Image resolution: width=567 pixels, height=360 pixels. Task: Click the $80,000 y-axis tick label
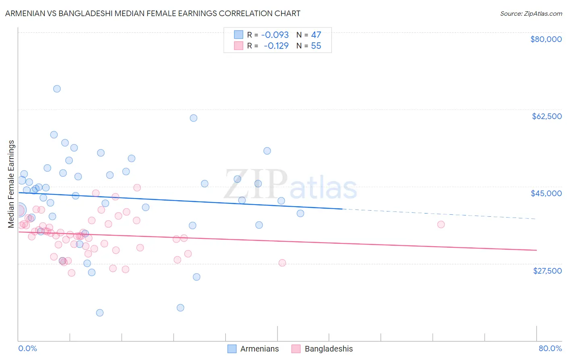[x=546, y=39]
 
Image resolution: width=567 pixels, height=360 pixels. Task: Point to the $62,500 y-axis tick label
[x=546, y=116]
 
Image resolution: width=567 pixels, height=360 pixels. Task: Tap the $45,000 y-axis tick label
[x=546, y=193]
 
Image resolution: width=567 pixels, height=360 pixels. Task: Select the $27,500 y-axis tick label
[x=547, y=270]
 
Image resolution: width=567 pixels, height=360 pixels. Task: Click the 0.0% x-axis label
[x=27, y=348]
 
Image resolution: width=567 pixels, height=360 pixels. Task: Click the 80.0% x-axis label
[x=550, y=348]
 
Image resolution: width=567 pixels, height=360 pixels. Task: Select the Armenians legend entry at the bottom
[x=259, y=349]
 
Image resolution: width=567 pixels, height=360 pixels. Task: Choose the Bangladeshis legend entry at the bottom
[x=328, y=349]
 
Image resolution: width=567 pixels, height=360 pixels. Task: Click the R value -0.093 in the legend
[x=275, y=35]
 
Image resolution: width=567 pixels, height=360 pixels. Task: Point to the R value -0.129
[x=276, y=46]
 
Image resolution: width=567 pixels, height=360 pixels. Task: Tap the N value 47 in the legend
[x=316, y=35]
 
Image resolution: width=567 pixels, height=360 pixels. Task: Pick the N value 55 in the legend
[x=316, y=46]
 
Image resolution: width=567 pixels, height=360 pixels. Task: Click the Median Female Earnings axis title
[x=11, y=184]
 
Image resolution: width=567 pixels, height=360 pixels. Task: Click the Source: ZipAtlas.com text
[x=531, y=14]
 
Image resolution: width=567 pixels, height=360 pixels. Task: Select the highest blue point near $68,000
[x=57, y=89]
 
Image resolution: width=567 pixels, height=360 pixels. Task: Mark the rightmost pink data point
[x=441, y=224]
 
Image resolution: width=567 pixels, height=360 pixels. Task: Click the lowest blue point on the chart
[x=100, y=313]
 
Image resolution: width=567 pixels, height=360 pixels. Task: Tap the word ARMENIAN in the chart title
[x=24, y=13]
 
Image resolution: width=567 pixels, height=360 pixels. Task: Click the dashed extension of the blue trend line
[x=440, y=214]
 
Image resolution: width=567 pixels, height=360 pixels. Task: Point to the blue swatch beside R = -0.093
[x=238, y=35]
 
